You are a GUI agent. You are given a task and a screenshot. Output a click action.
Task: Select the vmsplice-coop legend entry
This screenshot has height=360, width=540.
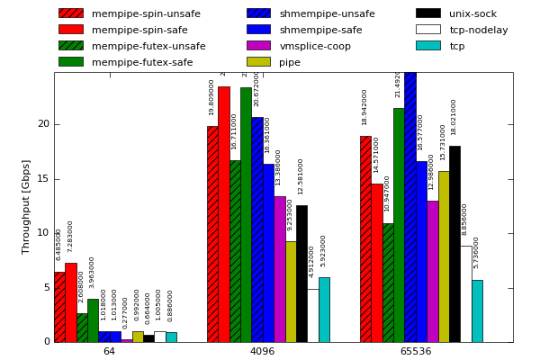coord(315,46)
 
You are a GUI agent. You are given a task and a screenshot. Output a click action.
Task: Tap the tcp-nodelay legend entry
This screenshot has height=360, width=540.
coord(479,30)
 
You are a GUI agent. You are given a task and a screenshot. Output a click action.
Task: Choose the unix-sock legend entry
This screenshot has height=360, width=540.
coord(472,13)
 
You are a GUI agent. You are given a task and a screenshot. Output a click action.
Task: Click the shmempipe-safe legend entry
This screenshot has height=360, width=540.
coord(320,30)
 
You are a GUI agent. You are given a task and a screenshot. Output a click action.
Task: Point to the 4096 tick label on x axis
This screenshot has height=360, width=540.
coord(262,351)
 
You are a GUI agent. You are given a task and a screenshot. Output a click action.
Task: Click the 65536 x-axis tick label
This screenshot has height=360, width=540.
coord(416,351)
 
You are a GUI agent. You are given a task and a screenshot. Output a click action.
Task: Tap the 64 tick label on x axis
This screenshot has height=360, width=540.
coord(109,351)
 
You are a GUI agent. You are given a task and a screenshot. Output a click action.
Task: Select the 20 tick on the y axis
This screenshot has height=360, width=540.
coord(43,124)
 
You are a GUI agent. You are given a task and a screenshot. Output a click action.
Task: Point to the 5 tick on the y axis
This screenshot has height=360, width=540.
coord(46,288)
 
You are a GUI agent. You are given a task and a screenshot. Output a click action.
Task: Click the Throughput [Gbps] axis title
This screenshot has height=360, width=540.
coord(27,206)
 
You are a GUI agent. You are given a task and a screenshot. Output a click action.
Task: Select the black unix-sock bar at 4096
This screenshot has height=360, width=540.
coord(301,274)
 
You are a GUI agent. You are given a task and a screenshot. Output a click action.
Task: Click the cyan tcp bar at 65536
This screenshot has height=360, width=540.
coord(477,310)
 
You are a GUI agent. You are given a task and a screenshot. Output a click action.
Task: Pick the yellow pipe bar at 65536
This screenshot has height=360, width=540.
coord(444,256)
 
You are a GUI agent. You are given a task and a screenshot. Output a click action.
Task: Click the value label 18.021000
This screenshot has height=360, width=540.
coord(454,117)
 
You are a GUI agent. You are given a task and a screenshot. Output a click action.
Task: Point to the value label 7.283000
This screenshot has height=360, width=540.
coord(70,237)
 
